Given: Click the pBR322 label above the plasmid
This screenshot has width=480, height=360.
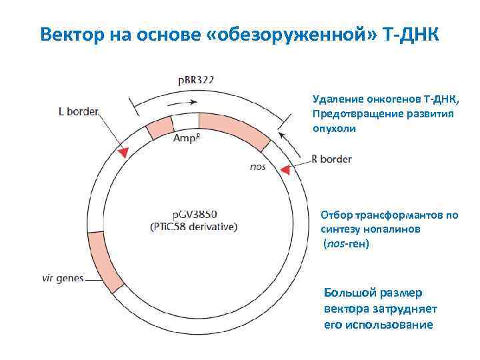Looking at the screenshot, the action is [x=195, y=80].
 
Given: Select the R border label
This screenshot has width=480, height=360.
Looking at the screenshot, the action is [x=331, y=159].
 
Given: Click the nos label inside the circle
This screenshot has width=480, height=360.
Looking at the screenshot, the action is [x=257, y=166].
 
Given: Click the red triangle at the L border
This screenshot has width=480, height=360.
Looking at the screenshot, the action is [x=123, y=153].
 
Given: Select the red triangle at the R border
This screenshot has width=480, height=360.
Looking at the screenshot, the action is [x=285, y=171].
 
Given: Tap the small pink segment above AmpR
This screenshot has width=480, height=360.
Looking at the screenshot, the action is [x=160, y=127].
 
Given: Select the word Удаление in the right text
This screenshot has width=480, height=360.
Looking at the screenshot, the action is [x=336, y=99].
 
